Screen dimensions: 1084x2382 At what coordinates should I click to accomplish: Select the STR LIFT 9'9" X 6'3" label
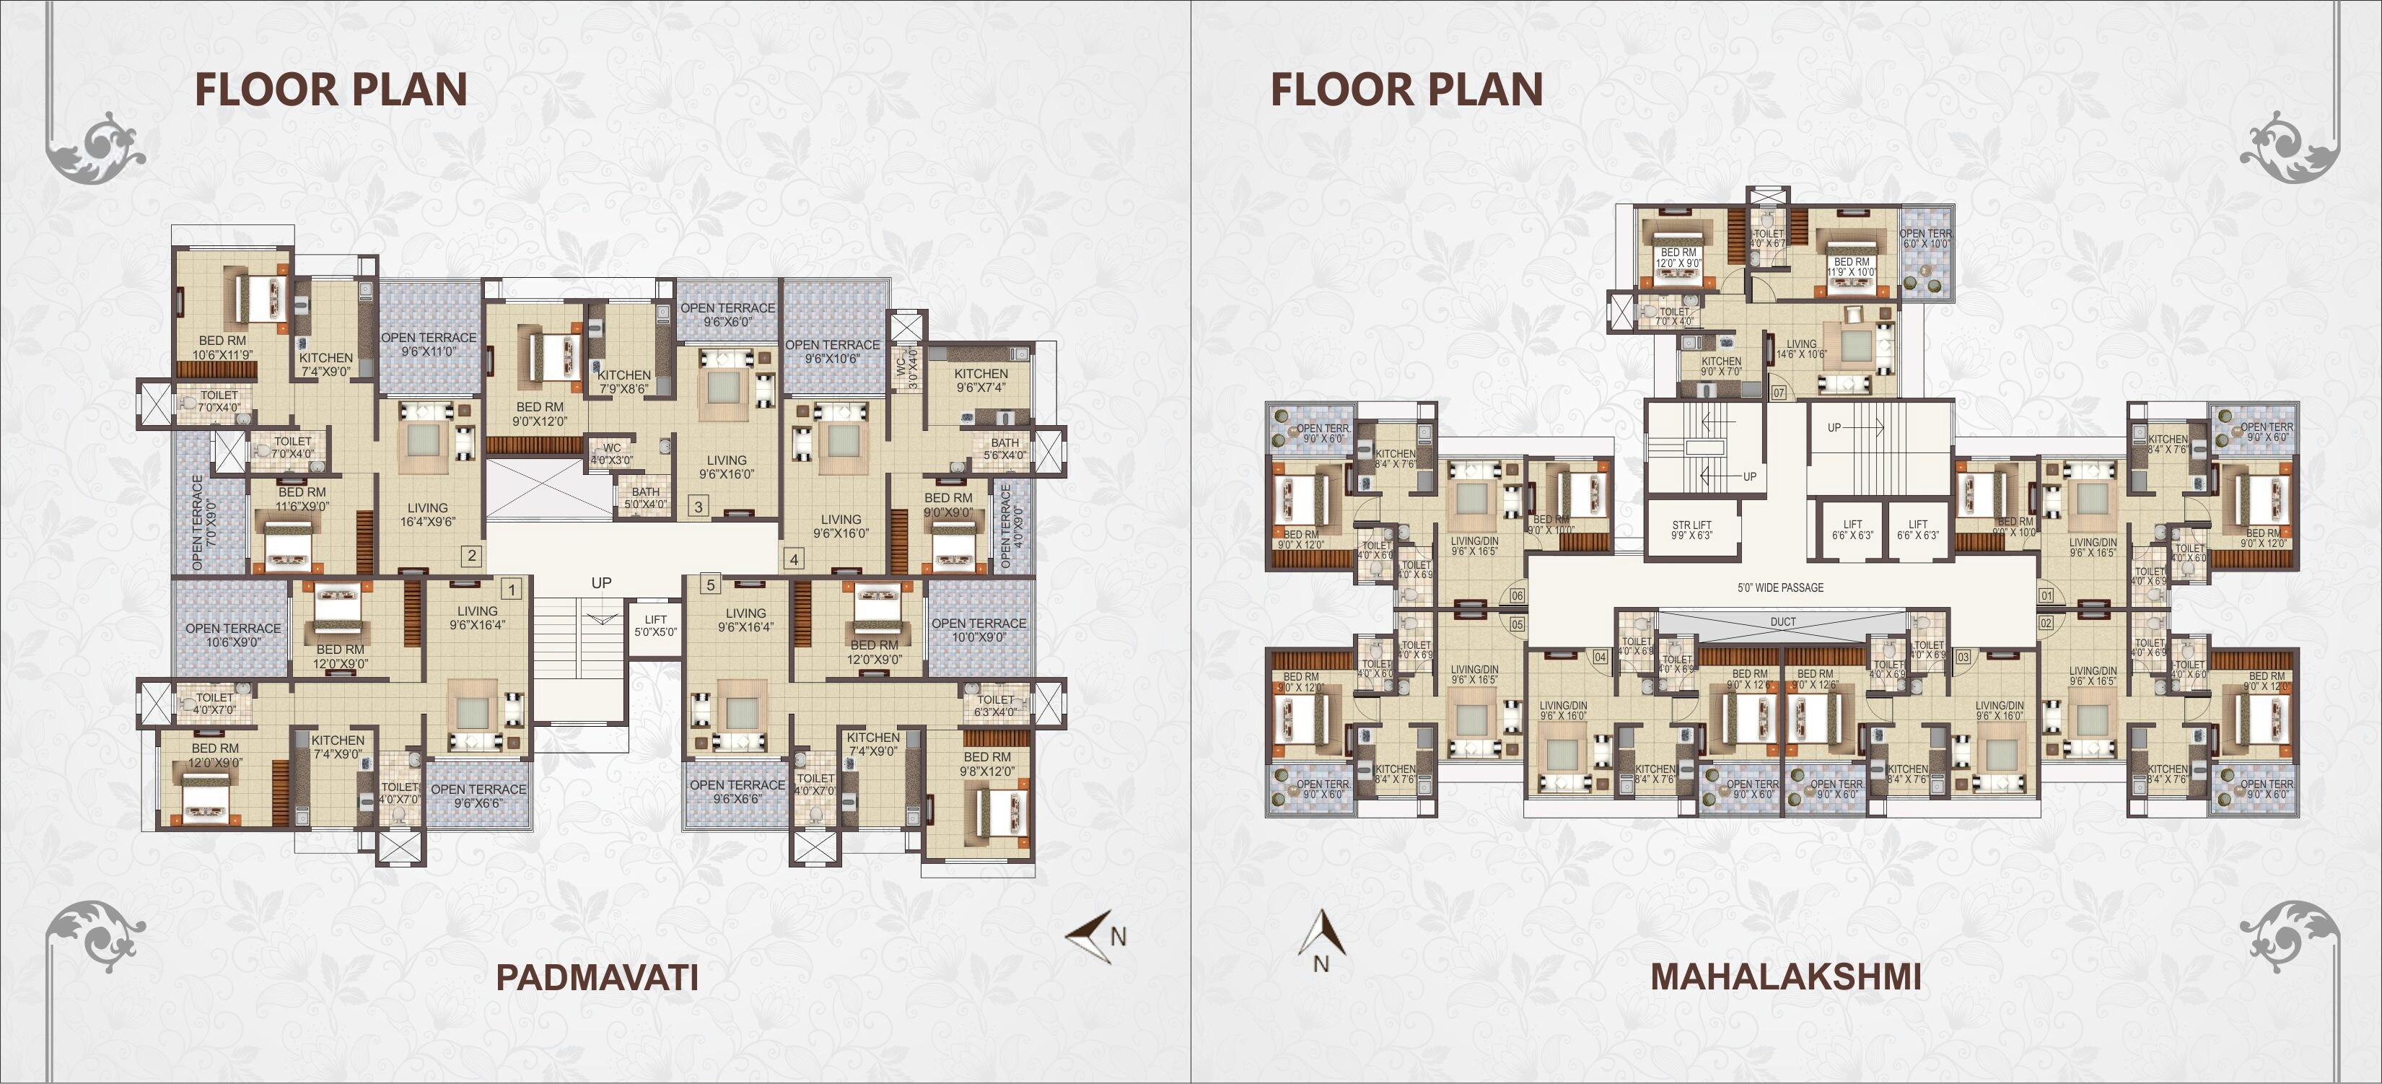[x=1692, y=530]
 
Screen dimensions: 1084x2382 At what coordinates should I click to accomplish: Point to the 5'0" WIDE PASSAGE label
[x=1781, y=587]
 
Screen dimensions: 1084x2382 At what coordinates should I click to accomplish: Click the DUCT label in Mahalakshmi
[x=1783, y=622]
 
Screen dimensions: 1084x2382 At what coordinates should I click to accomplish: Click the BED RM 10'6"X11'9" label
[x=223, y=348]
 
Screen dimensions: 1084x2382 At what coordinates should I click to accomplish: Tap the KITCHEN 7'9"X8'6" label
[x=624, y=382]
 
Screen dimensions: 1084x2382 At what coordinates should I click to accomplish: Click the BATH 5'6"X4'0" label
[x=1004, y=449]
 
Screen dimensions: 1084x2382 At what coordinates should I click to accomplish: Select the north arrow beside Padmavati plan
[x=1094, y=937]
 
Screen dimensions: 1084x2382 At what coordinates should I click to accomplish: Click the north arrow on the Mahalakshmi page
[x=1321, y=939]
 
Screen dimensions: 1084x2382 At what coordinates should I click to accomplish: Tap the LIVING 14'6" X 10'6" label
[x=1801, y=349]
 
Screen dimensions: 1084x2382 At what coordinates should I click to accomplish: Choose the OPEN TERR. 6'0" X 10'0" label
[x=1925, y=239]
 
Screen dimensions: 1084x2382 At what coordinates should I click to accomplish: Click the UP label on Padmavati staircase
[x=601, y=582]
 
